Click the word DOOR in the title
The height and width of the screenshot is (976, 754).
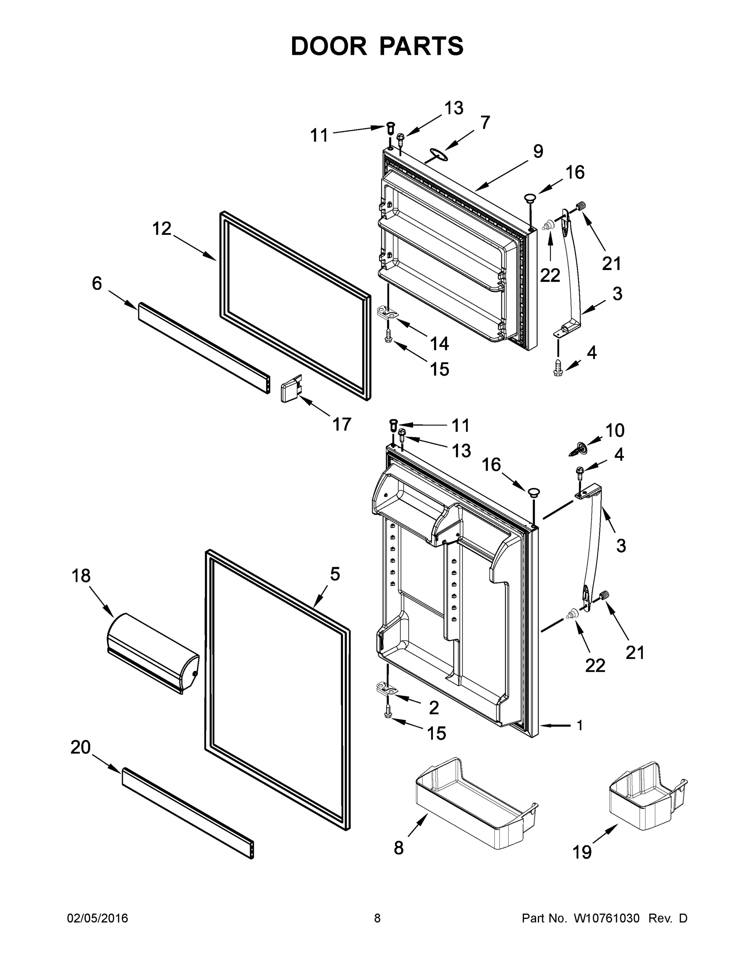[329, 46]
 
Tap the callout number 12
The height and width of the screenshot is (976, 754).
[162, 229]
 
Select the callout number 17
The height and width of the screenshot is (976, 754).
[342, 424]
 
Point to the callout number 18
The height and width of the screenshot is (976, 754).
[81, 576]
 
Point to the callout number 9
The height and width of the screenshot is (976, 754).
[538, 152]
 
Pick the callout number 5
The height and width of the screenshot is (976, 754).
[335, 574]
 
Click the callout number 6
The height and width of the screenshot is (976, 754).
[96, 283]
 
